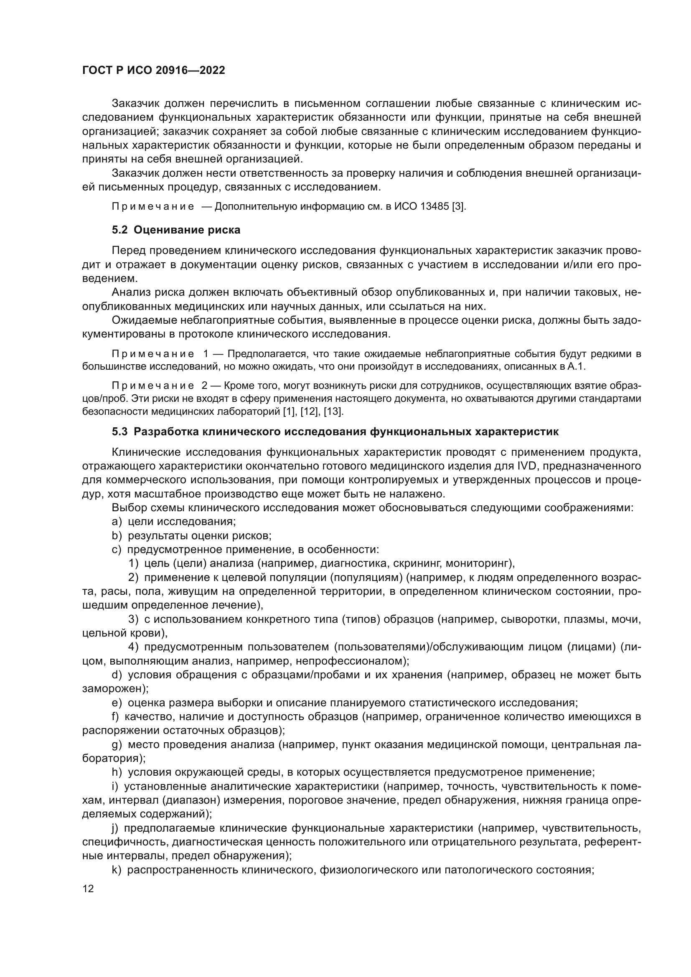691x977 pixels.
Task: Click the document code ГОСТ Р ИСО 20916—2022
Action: point(154,70)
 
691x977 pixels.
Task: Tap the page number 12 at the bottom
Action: point(88,889)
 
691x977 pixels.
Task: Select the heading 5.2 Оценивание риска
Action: point(176,230)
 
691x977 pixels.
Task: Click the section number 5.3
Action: point(119,432)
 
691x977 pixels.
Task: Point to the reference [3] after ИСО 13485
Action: point(460,207)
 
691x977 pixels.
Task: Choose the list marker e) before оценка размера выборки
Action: point(117,703)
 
